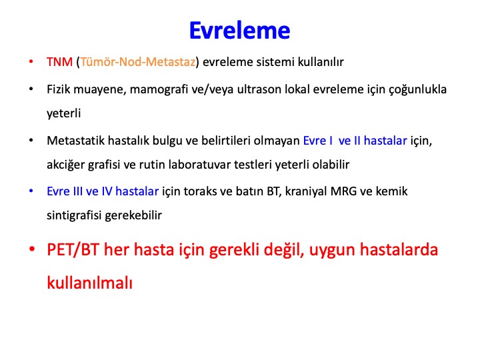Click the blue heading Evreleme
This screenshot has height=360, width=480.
240,31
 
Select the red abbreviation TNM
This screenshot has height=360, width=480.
59,62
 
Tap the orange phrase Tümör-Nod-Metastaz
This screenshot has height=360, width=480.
138,62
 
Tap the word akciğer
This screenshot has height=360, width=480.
65,165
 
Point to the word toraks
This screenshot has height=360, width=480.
200,191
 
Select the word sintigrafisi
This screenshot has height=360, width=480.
74,215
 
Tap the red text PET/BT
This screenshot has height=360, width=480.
73,249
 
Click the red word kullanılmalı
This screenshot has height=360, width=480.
89,282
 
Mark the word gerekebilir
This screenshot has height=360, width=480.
133,215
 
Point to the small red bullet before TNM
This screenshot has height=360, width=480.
31,61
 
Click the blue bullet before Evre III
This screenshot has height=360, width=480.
31,191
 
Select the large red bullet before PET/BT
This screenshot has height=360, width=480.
32,249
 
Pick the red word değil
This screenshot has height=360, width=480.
284,250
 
